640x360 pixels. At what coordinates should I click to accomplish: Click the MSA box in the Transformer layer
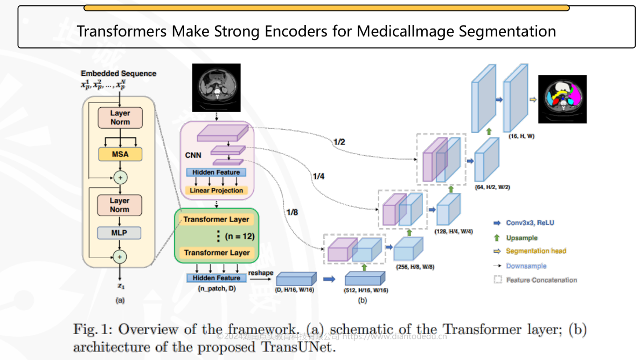click(x=120, y=154)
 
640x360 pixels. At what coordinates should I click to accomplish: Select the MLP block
click(x=120, y=233)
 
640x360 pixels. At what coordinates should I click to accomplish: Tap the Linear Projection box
click(x=216, y=190)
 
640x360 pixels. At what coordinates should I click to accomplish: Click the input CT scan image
click(x=217, y=88)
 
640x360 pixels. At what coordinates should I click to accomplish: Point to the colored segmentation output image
click(x=562, y=98)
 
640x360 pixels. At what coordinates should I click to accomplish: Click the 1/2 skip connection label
click(x=339, y=142)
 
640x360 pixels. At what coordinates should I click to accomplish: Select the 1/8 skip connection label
click(x=293, y=212)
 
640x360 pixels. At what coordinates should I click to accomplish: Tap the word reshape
click(x=261, y=273)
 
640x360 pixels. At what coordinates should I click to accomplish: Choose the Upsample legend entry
click(x=521, y=238)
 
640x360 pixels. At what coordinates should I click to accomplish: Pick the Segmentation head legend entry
click(x=536, y=251)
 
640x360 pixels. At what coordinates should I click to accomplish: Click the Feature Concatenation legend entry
click(x=541, y=280)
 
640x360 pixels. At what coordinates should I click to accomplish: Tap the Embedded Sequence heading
click(x=119, y=73)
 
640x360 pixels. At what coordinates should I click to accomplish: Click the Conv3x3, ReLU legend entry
click(x=530, y=223)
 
